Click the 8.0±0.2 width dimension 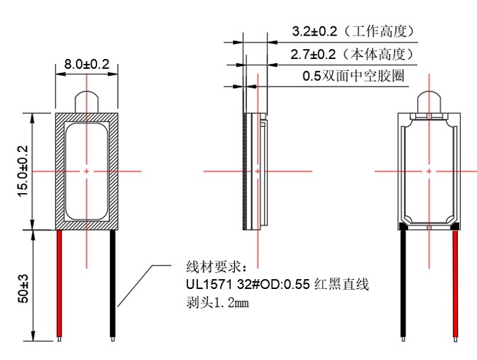click(86, 65)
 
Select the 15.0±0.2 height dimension click(23, 171)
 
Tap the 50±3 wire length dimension click(23, 287)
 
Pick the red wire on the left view click(60, 284)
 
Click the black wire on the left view click(113, 284)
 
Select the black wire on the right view click(403, 284)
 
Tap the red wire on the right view click(456, 284)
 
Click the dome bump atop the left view click(86, 102)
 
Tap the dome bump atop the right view click(429, 102)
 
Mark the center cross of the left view click(87, 171)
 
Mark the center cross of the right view click(429, 171)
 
